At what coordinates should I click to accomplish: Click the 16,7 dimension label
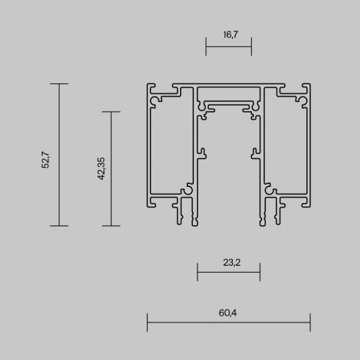[x=229, y=34]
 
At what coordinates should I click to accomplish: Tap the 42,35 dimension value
[x=100, y=169]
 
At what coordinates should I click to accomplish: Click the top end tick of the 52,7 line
[x=60, y=83]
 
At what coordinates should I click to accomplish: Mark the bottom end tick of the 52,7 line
[x=60, y=226]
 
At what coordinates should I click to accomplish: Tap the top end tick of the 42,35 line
[x=112, y=112]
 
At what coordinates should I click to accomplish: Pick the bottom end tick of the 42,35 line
[x=112, y=226]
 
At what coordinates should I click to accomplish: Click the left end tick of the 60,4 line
[x=147, y=322]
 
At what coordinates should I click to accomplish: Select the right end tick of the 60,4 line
[x=310, y=322]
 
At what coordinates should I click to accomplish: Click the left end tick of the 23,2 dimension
[x=198, y=272]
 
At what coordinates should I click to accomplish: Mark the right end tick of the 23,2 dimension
[x=260, y=272]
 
